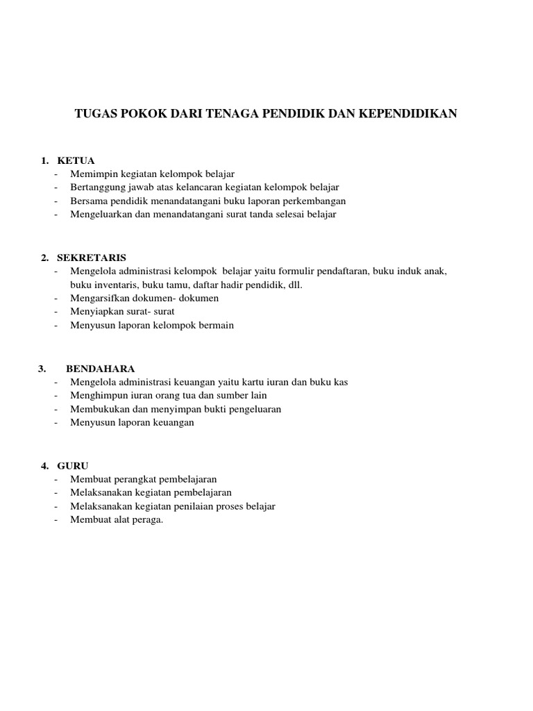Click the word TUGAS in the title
(x=94, y=114)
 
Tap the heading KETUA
(x=76, y=160)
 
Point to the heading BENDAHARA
(x=101, y=368)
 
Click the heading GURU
(x=73, y=465)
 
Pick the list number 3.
(x=42, y=368)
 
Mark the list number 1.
(x=44, y=160)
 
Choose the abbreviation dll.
(x=294, y=285)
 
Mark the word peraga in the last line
(x=148, y=520)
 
